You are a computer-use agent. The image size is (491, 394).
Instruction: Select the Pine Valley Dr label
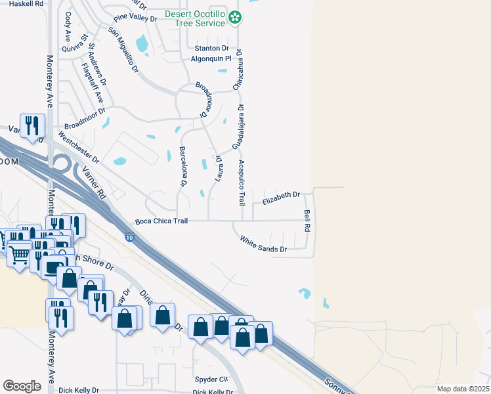click(x=136, y=19)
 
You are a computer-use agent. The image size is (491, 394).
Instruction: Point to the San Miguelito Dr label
click(x=123, y=51)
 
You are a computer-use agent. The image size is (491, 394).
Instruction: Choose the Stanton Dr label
click(x=211, y=48)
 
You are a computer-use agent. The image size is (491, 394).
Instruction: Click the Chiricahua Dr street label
click(x=239, y=69)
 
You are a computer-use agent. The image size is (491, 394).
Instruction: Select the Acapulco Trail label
click(x=241, y=181)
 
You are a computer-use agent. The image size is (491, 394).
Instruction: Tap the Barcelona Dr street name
click(x=183, y=166)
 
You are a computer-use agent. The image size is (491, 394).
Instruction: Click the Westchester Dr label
click(x=78, y=149)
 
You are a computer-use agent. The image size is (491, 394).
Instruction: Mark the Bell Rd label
click(x=307, y=220)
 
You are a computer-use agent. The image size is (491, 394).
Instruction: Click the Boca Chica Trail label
click(x=161, y=222)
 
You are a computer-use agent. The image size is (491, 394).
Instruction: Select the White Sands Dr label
click(x=263, y=244)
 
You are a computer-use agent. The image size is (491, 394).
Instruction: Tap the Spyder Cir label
click(x=211, y=380)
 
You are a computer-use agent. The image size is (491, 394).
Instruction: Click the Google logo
click(x=22, y=386)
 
